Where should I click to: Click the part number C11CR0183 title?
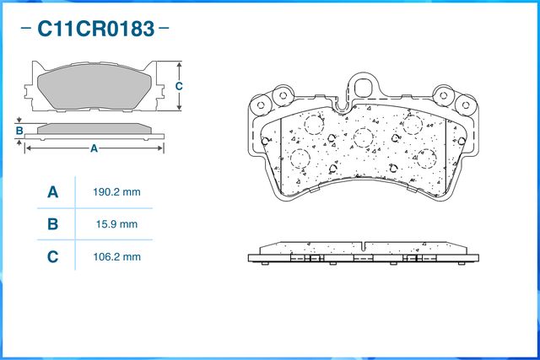(x=95, y=29)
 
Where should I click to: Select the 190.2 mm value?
(x=116, y=192)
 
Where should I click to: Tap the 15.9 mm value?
(x=116, y=224)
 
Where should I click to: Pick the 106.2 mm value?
(x=116, y=257)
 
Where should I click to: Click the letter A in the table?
(x=52, y=192)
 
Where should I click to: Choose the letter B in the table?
(x=52, y=224)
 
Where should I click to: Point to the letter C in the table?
(x=52, y=257)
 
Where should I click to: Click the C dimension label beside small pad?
(x=179, y=86)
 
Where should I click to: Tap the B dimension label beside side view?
(x=19, y=131)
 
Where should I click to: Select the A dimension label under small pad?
(x=94, y=148)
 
